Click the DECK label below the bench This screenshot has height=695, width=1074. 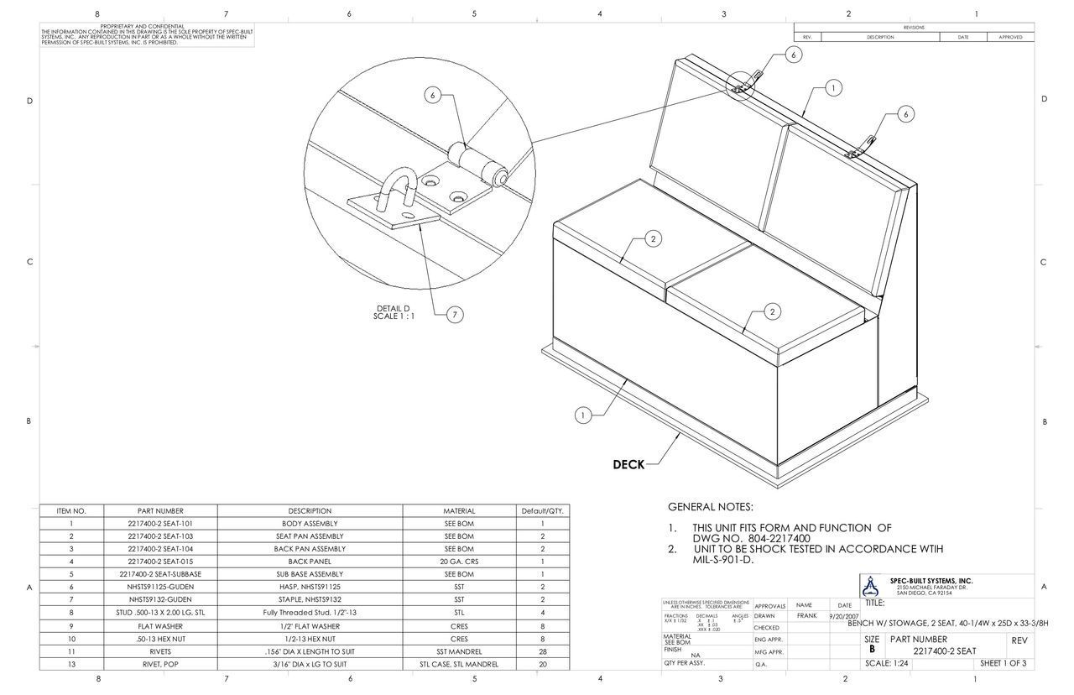628,464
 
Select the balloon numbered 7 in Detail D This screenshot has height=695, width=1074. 454,315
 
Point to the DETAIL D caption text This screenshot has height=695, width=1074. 394,312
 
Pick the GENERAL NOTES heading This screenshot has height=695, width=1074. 710,507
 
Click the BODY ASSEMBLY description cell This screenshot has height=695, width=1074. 310,523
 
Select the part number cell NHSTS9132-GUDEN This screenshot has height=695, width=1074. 159,599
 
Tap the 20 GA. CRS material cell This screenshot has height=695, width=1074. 459,562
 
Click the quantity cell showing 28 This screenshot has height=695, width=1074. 542,651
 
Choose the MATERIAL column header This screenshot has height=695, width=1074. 459,510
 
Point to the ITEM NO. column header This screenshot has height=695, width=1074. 71,510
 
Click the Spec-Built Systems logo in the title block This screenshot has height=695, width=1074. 874,585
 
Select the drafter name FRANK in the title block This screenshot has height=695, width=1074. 806,615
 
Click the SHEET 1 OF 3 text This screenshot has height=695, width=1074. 1003,663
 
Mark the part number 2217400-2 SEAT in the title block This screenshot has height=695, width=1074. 944,651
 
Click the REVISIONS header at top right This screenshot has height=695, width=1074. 914,28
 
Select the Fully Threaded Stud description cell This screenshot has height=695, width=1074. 310,613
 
